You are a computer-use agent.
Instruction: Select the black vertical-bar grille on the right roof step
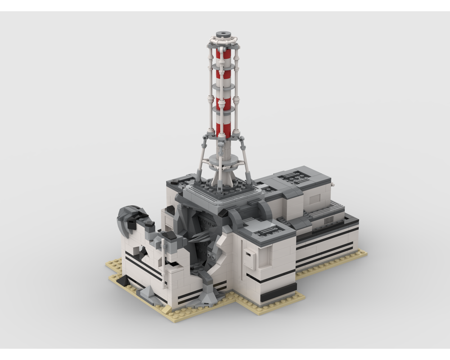point(329,219)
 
